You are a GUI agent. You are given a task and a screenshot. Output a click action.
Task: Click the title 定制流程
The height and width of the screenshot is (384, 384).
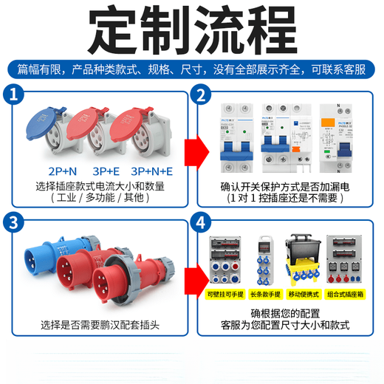pyautogui.click(x=192, y=30)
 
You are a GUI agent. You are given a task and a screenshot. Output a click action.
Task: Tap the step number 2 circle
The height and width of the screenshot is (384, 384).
pyautogui.click(x=199, y=95)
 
